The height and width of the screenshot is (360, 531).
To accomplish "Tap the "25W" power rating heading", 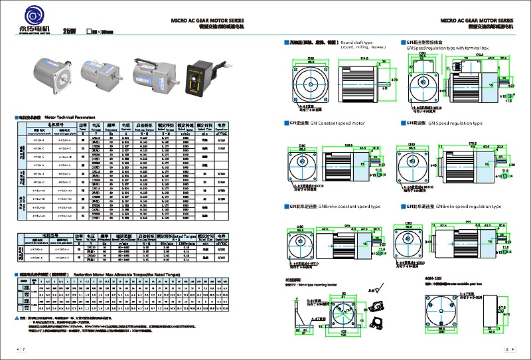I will coord(70,31).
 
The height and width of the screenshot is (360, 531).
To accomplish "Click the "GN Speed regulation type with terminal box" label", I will coord(447,48).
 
